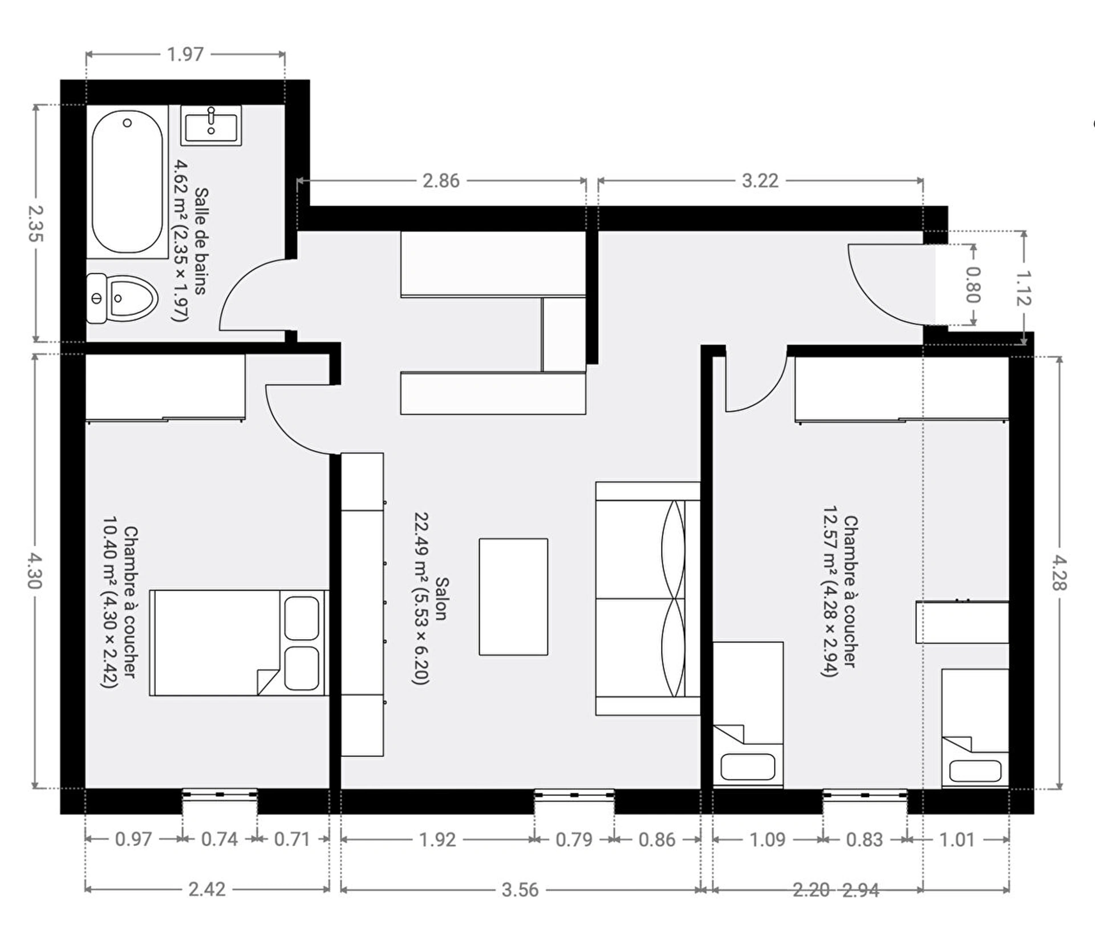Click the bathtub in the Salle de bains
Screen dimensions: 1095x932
click(x=127, y=181)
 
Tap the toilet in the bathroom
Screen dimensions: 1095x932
click(x=122, y=298)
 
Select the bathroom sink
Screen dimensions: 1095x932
click(x=211, y=125)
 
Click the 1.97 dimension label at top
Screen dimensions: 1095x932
click(x=185, y=54)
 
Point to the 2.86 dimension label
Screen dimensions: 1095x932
click(x=441, y=181)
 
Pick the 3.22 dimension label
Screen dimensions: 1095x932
click(x=760, y=181)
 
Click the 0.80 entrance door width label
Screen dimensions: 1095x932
click(x=973, y=285)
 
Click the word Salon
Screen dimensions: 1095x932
click(x=441, y=599)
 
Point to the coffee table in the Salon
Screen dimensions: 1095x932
click(x=513, y=596)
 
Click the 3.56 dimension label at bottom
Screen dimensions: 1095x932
click(x=520, y=890)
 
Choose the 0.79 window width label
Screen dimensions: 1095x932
click(x=574, y=840)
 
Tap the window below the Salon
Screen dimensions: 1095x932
click(x=574, y=795)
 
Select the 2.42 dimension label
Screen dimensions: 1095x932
click(x=207, y=889)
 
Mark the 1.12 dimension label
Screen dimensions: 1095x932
click(x=1024, y=288)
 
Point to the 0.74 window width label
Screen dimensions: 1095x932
click(x=220, y=839)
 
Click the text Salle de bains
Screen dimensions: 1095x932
click(x=201, y=241)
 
